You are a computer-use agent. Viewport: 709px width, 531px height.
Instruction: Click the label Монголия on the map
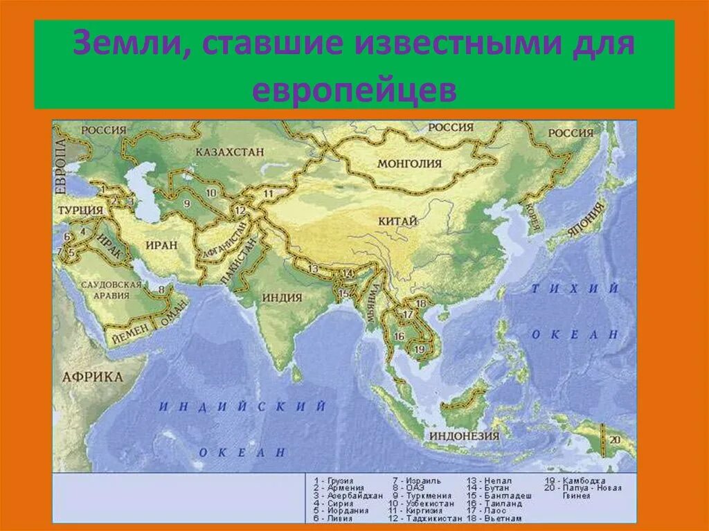pos(409,164)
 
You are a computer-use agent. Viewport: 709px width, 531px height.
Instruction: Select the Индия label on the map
pos(282,298)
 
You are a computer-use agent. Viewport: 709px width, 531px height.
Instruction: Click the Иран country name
pos(162,244)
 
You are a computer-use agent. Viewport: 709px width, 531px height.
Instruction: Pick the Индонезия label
pos(464,436)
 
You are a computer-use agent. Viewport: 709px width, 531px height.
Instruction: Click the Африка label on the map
pos(92,377)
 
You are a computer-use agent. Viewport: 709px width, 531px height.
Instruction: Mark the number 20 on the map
pos(616,439)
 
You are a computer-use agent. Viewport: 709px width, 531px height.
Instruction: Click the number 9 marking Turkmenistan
pos(186,204)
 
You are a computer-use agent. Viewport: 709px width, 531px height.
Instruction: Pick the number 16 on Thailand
pos(399,336)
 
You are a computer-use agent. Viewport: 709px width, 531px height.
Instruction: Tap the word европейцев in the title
pos(354,90)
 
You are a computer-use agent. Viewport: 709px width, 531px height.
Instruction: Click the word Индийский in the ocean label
pos(242,407)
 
